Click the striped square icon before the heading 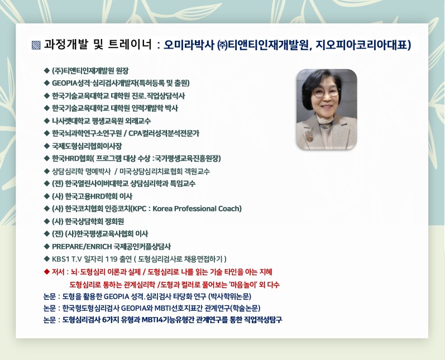tap(36, 45)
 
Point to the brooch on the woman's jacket tap(309, 136)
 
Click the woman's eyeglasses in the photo tap(326, 92)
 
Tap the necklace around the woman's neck tap(326, 126)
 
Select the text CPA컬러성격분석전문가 tap(164, 133)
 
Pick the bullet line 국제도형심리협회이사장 tap(87, 146)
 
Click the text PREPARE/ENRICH tap(82, 247)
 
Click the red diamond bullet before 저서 tap(47, 272)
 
